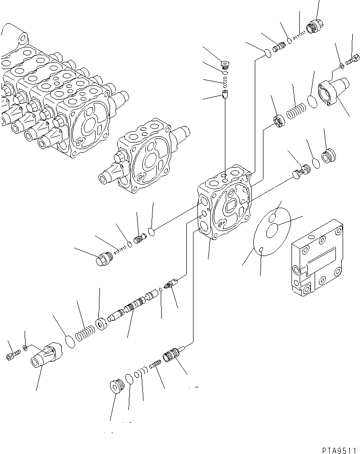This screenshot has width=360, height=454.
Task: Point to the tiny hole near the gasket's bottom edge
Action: pos(261,249)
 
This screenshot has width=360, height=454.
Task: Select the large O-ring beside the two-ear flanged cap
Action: pos(312,101)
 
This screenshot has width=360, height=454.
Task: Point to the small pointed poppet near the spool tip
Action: pos(169,285)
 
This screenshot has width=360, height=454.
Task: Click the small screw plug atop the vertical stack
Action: pos(224,63)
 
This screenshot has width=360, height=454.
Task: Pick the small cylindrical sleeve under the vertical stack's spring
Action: pos(225,94)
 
